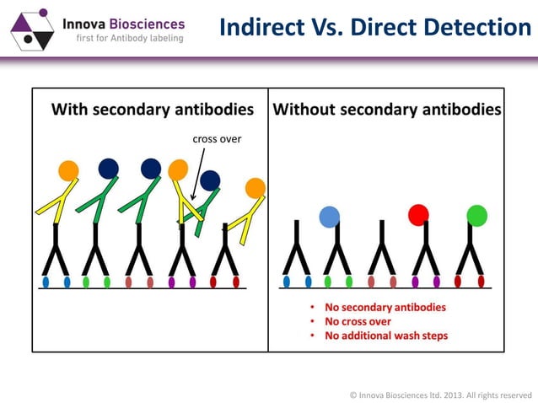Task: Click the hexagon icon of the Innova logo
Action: [x=31, y=27]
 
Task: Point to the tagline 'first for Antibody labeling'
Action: [x=130, y=39]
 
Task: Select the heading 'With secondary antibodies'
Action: [x=152, y=109]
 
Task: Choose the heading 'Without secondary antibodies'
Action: [x=386, y=109]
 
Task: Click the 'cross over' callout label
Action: [x=218, y=138]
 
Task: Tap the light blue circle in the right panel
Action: [x=330, y=217]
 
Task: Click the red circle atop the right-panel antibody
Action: [x=418, y=215]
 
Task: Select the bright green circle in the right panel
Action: [x=477, y=216]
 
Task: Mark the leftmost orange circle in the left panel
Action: [x=68, y=170]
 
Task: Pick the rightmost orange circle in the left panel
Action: [x=255, y=187]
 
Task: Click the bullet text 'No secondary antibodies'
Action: [x=385, y=307]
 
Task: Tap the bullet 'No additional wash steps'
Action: [x=386, y=336]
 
